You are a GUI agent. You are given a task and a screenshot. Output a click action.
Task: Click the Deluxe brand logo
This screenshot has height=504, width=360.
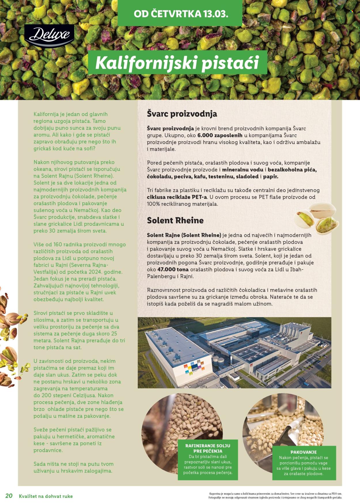click(x=49, y=36)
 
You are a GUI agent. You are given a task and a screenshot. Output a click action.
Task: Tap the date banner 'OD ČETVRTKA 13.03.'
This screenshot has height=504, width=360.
click(x=181, y=14)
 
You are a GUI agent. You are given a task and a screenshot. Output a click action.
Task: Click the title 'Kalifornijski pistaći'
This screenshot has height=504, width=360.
click(x=177, y=63)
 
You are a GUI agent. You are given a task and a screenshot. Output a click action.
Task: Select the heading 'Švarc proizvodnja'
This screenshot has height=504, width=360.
click(x=182, y=114)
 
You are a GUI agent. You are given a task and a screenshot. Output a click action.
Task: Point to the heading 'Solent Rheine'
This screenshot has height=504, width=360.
click(x=175, y=220)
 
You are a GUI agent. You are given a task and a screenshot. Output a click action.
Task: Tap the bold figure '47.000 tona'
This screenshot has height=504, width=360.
click(x=173, y=270)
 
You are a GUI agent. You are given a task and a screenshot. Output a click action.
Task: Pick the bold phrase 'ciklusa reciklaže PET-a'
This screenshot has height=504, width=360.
click(x=177, y=197)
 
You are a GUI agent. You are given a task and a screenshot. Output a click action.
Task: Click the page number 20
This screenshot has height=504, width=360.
click(x=9, y=495)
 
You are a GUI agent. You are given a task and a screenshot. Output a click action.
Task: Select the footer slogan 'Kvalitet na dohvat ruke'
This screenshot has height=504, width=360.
click(x=46, y=496)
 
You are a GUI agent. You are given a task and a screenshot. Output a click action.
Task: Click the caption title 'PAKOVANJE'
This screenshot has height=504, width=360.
click(x=304, y=452)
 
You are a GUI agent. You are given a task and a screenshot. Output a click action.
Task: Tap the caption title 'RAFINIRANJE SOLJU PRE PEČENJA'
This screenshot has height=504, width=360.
click(x=208, y=448)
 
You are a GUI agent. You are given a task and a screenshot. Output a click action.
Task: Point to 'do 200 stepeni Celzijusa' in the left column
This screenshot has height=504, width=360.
click(x=73, y=395)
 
